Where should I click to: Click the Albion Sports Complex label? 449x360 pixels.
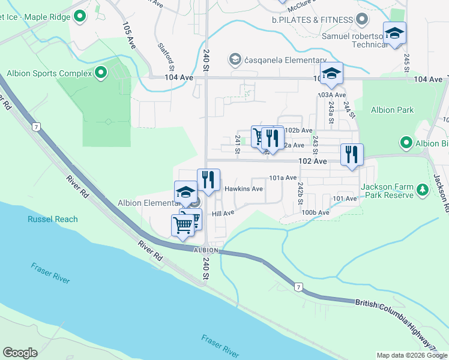(x=49, y=74)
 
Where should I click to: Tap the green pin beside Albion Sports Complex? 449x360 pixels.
(x=101, y=74)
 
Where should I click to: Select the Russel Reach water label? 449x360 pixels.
(x=52, y=219)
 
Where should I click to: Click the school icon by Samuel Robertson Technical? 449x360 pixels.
(x=394, y=34)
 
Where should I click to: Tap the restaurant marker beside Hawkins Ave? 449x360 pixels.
(x=208, y=179)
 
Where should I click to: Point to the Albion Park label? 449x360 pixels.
(x=391, y=110)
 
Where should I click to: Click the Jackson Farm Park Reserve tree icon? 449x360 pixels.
(x=423, y=190)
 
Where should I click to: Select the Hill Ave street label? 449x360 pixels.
(x=223, y=213)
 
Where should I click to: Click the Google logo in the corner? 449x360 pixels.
(x=20, y=353)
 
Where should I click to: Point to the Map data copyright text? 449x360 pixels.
(x=411, y=355)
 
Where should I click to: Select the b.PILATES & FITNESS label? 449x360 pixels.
(x=313, y=19)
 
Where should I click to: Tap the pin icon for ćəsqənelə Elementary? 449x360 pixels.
(x=234, y=59)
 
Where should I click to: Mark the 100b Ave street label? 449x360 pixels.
(x=316, y=212)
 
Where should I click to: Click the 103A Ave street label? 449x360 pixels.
(x=332, y=95)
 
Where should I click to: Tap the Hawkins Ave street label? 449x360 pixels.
(x=244, y=188)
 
